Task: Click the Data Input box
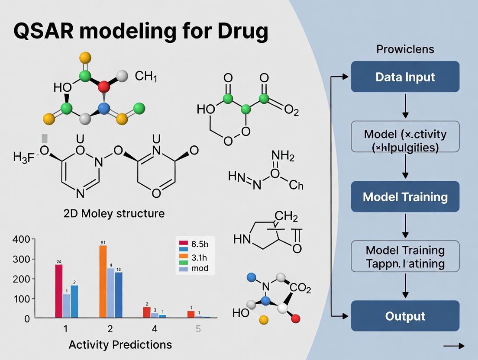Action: [x=405, y=77]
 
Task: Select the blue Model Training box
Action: [x=405, y=196]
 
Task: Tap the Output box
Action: [x=405, y=316]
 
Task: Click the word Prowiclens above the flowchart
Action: [x=405, y=49]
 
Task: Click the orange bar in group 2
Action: [x=103, y=281]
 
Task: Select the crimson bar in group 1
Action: [x=59, y=291]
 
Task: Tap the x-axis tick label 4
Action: [x=155, y=328]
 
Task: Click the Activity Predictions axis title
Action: [x=120, y=344]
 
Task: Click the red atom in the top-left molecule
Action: [x=104, y=87]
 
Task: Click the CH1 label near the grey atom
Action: [x=146, y=77]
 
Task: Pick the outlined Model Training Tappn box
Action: [x=405, y=256]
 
